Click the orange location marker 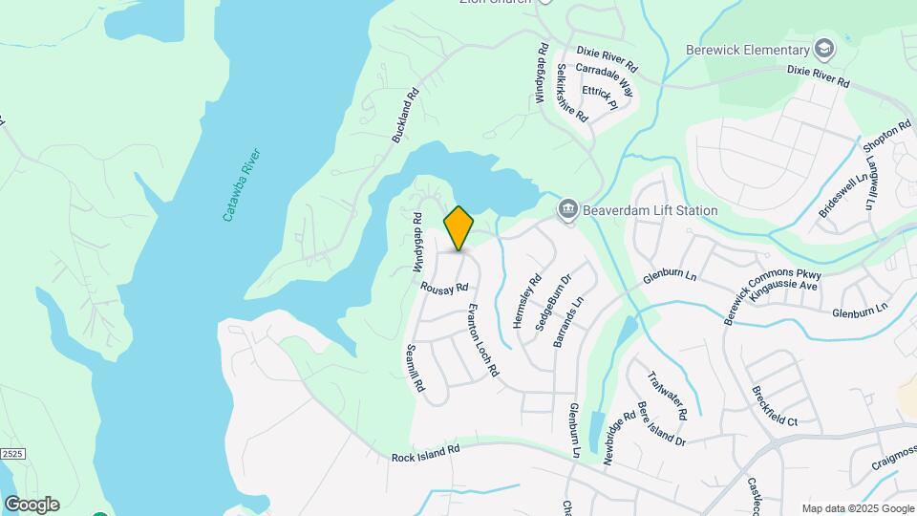pyautogui.click(x=458, y=227)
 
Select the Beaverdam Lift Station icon pyautogui.click(x=567, y=208)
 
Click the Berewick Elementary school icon pyautogui.click(x=823, y=50)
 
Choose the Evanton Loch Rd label pyautogui.click(x=483, y=339)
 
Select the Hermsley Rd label pyautogui.click(x=526, y=302)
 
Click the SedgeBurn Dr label pyautogui.click(x=552, y=302)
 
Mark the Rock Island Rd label pyautogui.click(x=426, y=453)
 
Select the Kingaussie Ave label pyautogui.click(x=784, y=285)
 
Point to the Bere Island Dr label pyautogui.click(x=661, y=422)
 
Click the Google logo pyautogui.click(x=32, y=505)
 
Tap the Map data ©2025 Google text pyautogui.click(x=857, y=508)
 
